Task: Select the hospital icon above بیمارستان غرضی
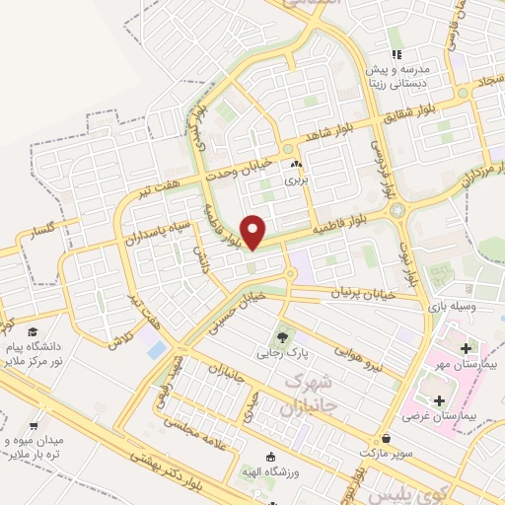point(438,400)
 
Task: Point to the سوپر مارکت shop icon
point(384,437)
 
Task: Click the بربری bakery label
point(297,180)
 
